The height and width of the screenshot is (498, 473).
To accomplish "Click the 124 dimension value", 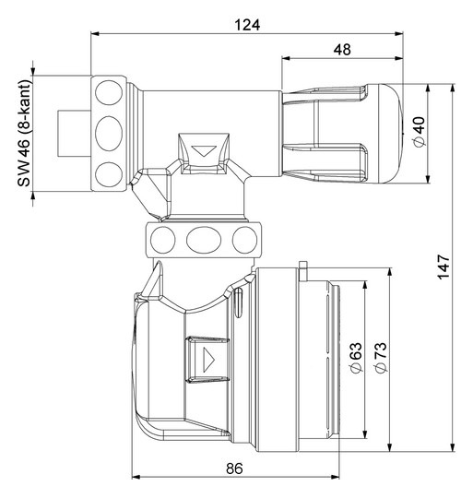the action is tap(247, 25).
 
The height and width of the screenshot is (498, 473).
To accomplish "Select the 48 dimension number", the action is tap(342, 50).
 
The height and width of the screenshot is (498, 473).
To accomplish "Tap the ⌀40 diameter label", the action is tap(420, 132).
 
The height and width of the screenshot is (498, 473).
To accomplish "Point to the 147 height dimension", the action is tap(443, 267).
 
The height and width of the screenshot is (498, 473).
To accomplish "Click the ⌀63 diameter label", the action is tap(357, 358).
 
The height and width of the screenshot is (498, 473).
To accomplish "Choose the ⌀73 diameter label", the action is tap(381, 358).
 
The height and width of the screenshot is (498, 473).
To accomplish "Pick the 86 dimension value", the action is tap(234, 468).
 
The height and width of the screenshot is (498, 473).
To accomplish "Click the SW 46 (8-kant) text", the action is tap(24, 133).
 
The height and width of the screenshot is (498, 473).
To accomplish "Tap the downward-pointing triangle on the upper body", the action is tap(204, 151).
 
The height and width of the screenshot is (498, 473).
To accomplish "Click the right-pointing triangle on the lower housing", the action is tap(208, 360).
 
